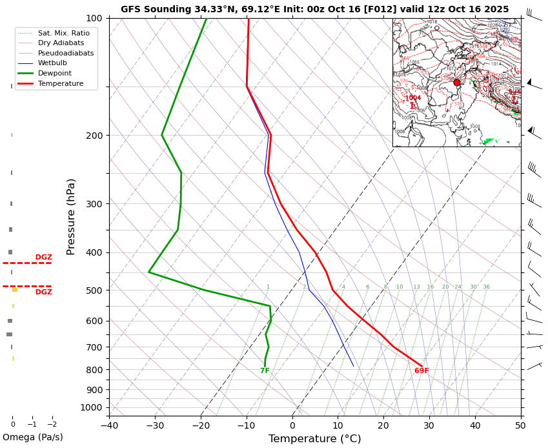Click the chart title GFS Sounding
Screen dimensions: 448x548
(x=314, y=9)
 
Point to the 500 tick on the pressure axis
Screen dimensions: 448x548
(x=94, y=290)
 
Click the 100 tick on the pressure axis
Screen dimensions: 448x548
(x=94, y=18)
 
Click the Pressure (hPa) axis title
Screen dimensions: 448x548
(x=71, y=216)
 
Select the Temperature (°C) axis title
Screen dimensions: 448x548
(x=315, y=439)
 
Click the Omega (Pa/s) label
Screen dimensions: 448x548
(x=33, y=437)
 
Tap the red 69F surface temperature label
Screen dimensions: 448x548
(x=421, y=371)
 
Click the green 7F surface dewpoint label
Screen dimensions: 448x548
(x=265, y=371)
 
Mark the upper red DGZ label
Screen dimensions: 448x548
(x=44, y=258)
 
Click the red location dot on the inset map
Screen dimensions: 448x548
(x=457, y=83)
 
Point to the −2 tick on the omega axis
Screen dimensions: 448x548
(x=52, y=424)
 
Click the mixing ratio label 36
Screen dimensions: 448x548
(x=486, y=287)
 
